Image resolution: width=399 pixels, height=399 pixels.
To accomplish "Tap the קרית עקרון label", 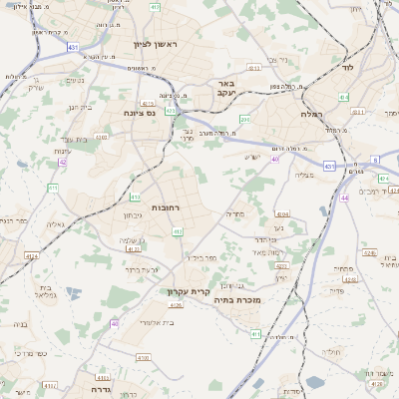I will click(185, 292).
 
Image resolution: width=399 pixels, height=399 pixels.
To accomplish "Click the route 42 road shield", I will click(62, 163).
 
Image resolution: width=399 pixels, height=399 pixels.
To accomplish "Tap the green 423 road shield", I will click(171, 111).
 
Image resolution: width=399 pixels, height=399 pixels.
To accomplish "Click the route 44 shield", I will click(344, 199).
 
